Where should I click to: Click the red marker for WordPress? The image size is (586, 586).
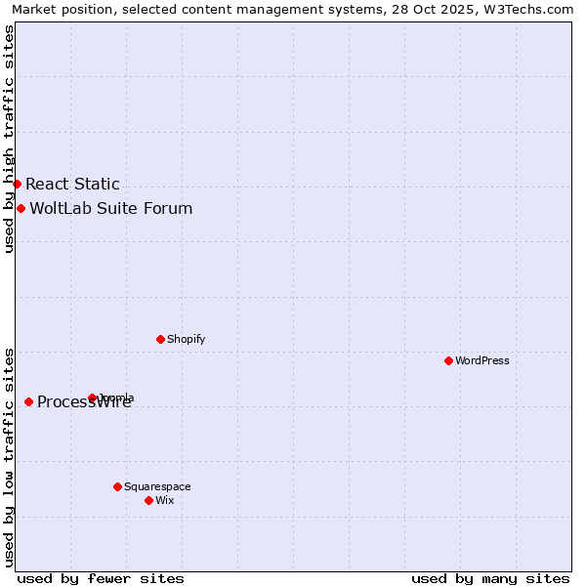(448, 360)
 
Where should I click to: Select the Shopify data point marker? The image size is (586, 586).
(160, 339)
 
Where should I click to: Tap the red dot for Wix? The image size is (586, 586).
(148, 500)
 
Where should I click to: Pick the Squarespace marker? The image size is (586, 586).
(117, 486)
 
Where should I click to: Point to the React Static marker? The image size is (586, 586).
(17, 184)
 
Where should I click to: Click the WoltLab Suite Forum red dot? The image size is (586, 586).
(21, 208)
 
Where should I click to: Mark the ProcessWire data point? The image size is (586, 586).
(28, 401)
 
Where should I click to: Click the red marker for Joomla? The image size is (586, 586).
(93, 398)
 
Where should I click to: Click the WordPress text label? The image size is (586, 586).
(482, 360)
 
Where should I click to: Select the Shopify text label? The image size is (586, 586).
(187, 339)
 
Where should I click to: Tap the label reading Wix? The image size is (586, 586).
(165, 500)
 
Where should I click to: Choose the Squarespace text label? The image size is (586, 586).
(157, 486)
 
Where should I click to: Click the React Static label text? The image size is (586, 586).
(72, 184)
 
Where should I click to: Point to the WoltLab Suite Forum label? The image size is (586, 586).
(111, 208)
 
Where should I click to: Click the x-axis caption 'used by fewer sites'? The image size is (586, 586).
(101, 578)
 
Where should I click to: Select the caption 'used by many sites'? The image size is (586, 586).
(490, 578)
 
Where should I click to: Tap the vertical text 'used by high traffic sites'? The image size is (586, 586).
(9, 139)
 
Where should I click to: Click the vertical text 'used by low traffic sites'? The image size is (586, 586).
(9, 457)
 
